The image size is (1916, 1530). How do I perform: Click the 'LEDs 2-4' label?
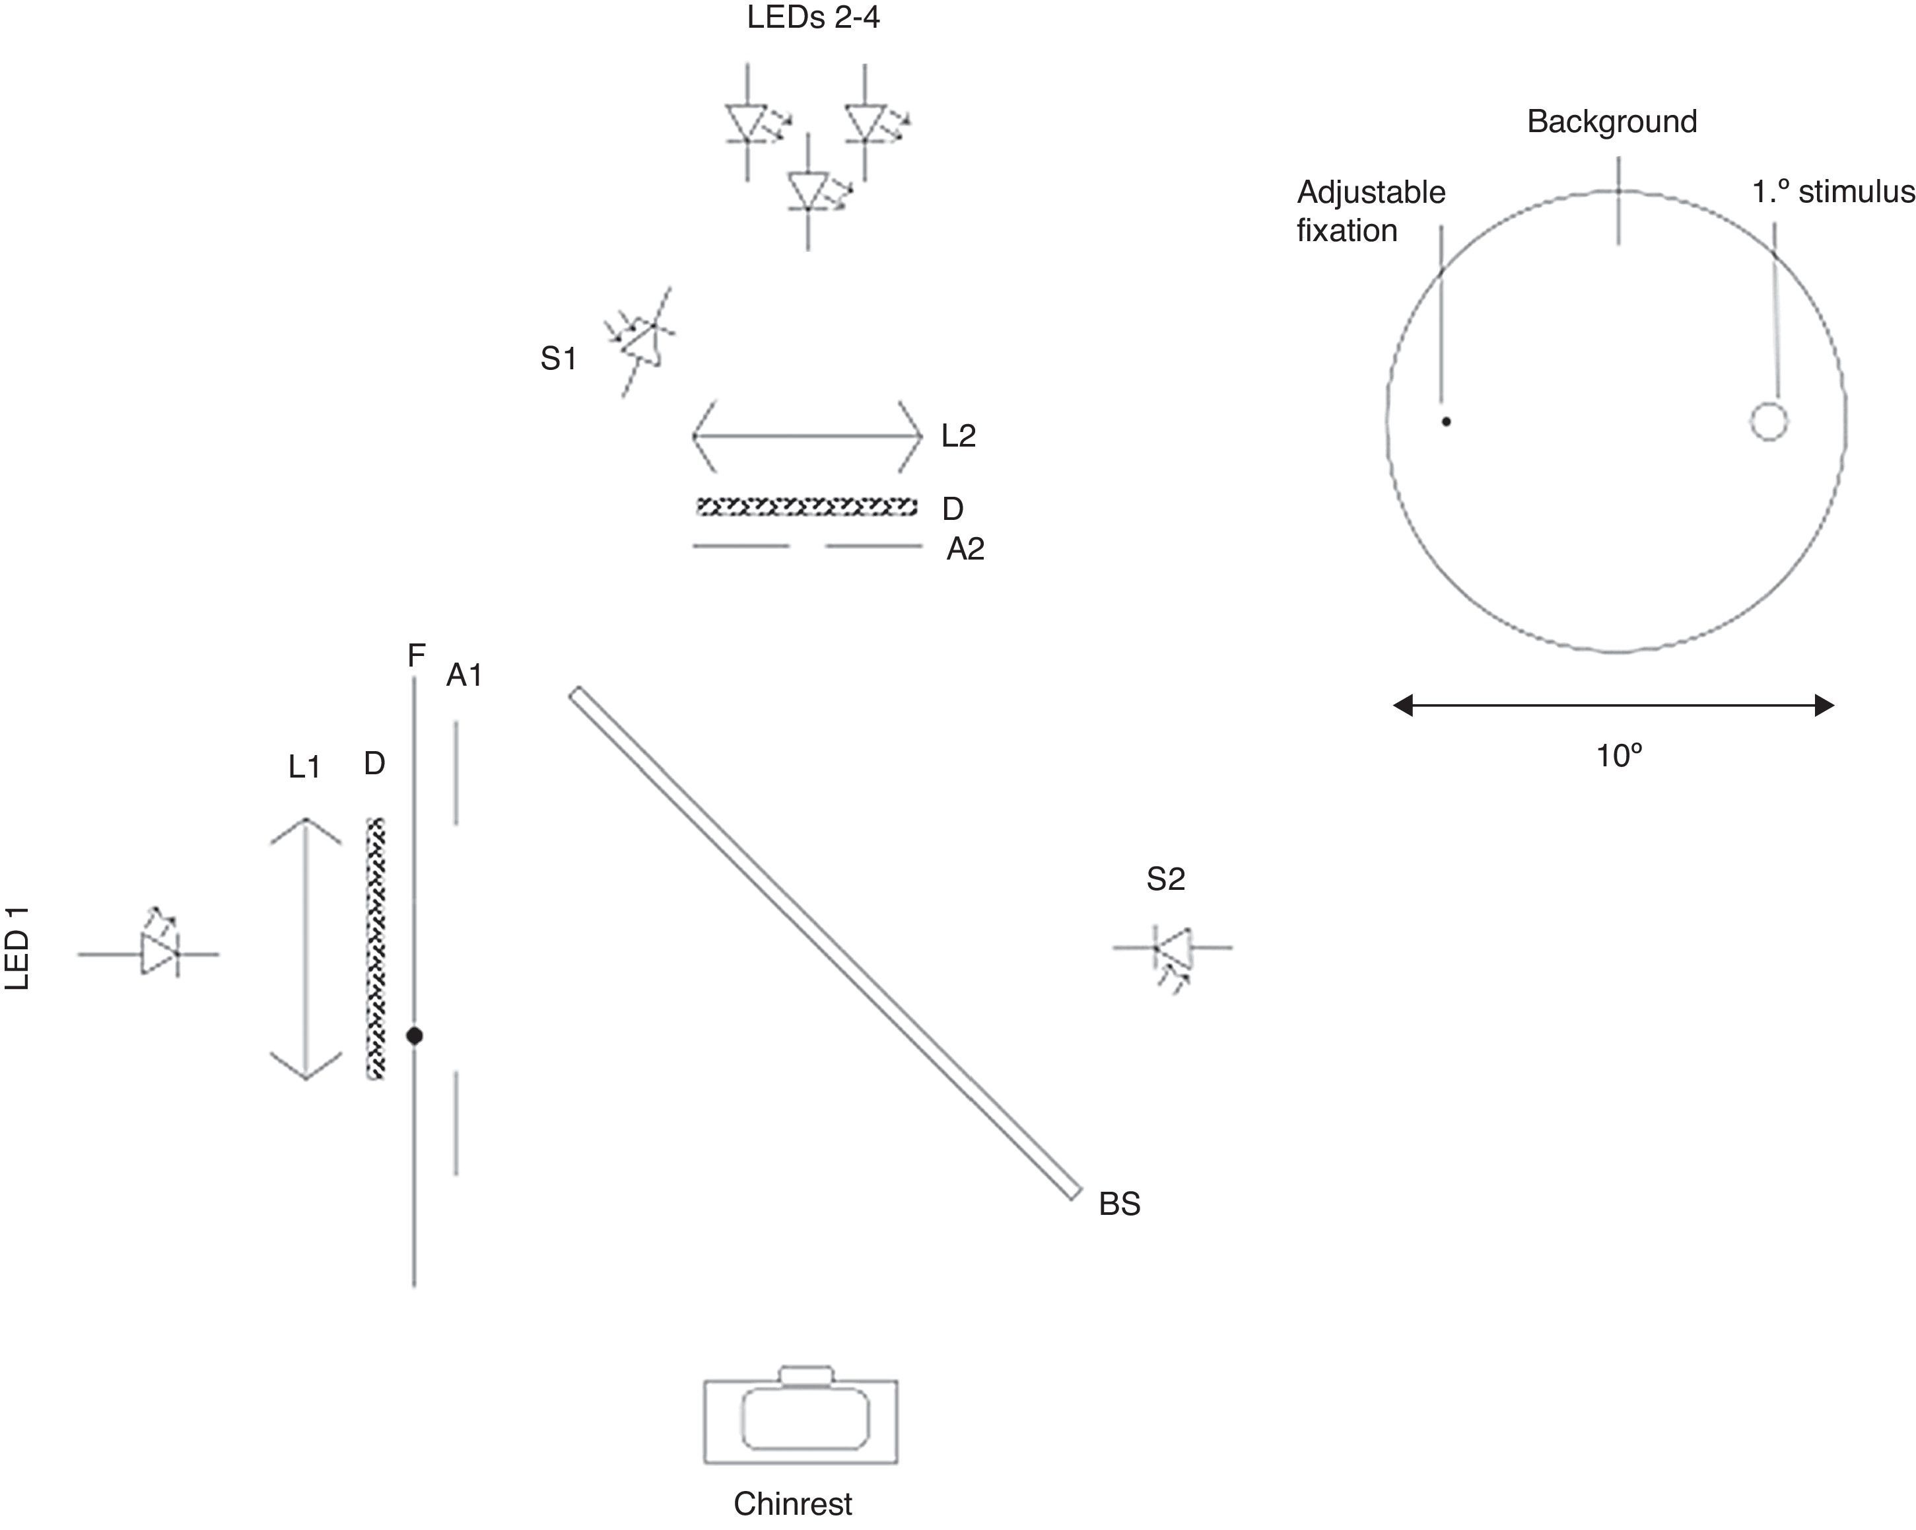[813, 18]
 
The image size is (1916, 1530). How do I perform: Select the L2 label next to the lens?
[959, 435]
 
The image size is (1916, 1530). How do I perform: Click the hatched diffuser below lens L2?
[807, 507]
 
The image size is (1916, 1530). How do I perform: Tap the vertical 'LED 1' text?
[18, 949]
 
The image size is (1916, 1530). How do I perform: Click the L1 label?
[304, 767]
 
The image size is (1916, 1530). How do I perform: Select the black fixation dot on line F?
[414, 1036]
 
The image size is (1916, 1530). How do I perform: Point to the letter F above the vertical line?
[416, 655]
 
